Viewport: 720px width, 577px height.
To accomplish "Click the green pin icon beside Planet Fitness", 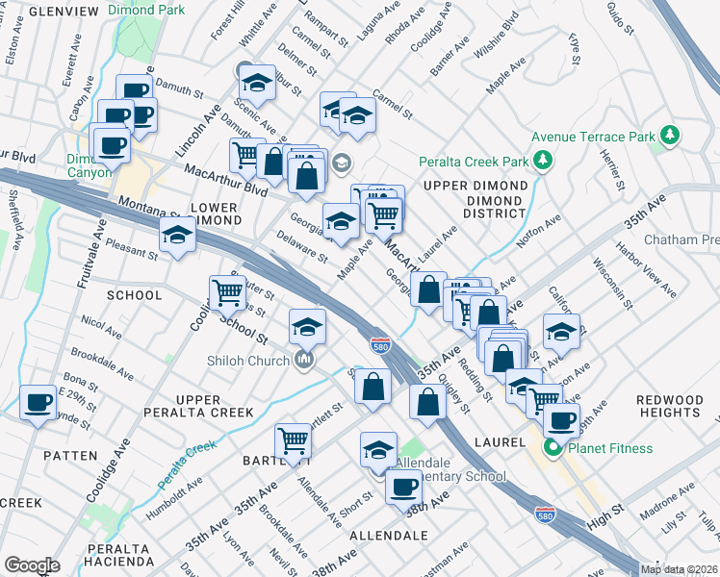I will click(x=553, y=448).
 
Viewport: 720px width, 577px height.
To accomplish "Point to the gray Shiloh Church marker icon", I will click(x=305, y=361).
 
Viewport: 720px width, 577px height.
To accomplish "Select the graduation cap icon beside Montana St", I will click(x=177, y=235).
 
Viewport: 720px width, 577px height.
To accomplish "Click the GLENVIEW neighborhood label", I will click(x=64, y=11).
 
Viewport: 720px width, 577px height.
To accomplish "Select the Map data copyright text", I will click(x=680, y=569).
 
